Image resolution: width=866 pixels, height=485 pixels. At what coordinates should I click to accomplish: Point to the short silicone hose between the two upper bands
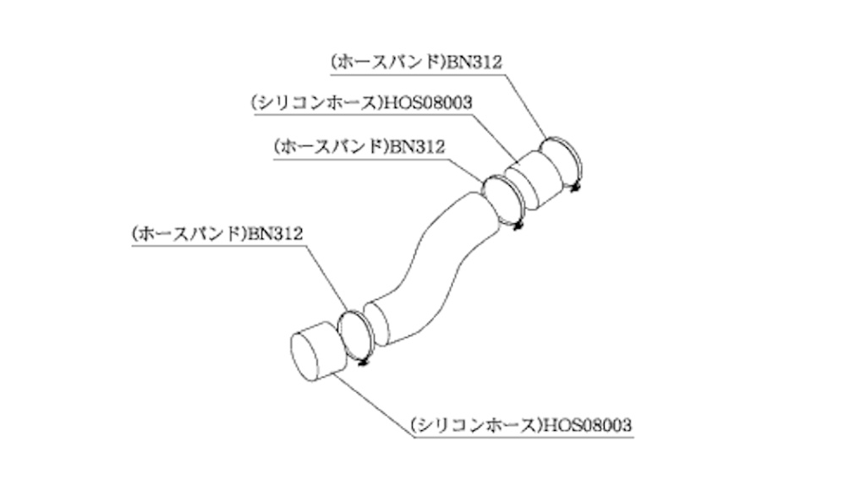(534, 178)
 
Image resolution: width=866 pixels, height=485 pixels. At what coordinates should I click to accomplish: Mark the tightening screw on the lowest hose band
(364, 362)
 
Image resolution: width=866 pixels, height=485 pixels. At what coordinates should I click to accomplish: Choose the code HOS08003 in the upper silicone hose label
(427, 103)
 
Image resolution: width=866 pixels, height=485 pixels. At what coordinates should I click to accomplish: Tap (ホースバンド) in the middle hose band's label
(329, 146)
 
